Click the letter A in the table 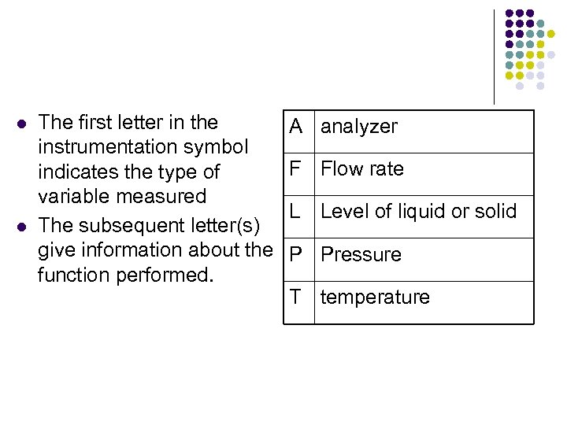(296, 126)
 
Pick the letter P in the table (296, 254)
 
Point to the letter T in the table (295, 297)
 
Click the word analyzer (359, 127)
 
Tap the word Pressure (361, 254)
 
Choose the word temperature (375, 297)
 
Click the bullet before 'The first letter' (21, 124)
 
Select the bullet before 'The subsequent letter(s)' (21, 227)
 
